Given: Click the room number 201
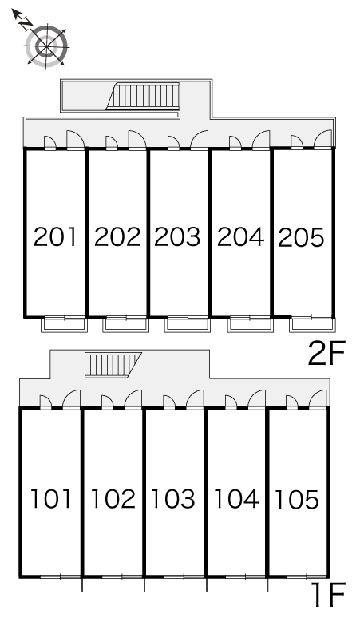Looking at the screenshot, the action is tap(55, 237).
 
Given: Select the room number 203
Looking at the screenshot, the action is tap(177, 237).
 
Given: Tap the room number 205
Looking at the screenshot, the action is tap(301, 238).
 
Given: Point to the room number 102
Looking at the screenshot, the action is tap(113, 498).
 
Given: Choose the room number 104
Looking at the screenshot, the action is tap(236, 498).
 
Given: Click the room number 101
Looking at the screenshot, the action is tap(51, 498).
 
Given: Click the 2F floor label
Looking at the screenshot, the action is tap(326, 354).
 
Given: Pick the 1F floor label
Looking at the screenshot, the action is tap(329, 595).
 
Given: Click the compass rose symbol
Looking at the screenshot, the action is tap(46, 46).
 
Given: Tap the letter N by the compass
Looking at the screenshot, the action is tap(26, 24).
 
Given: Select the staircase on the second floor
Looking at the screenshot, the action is tap(143, 95).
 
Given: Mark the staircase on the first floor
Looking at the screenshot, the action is tap(113, 365).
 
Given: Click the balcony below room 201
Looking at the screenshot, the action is tap(64, 324).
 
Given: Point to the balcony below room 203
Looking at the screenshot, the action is tap(188, 324).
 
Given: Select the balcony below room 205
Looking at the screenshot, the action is tap(311, 323).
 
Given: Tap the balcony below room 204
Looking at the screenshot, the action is tap(250, 324).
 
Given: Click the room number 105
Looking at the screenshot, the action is tap(297, 499).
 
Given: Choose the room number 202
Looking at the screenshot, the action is tap(117, 237).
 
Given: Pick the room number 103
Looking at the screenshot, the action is tap(173, 498).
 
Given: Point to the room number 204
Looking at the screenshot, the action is tap(240, 237).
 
